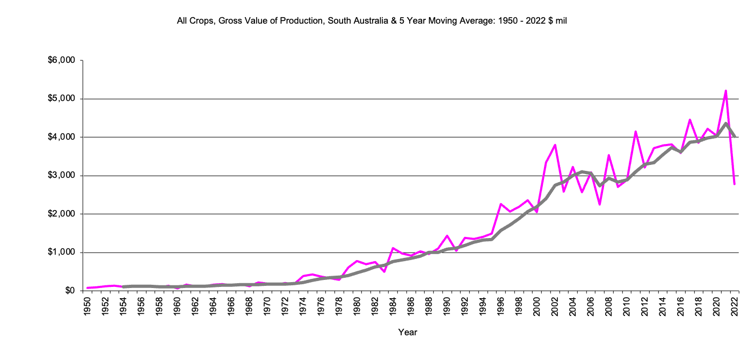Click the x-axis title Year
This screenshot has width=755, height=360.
click(408, 332)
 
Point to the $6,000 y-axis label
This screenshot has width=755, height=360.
click(63, 60)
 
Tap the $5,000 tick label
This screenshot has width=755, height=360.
click(63, 99)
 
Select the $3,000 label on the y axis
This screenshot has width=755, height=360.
click(63, 176)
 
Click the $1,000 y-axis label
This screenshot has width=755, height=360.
click(63, 253)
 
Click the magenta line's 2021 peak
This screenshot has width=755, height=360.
click(725, 91)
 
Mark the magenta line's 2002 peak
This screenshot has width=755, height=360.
click(555, 145)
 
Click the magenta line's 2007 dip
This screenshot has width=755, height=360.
click(599, 204)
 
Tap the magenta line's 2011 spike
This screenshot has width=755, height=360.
click(635, 132)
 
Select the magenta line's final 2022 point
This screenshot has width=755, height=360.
click(734, 184)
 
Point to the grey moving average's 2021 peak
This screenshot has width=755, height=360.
click(725, 124)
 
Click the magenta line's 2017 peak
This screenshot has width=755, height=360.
click(689, 120)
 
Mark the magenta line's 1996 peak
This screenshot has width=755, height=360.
click(500, 204)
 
